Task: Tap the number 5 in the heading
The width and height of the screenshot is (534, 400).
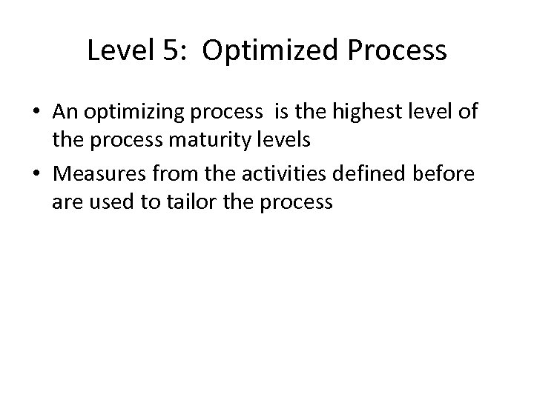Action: click(x=164, y=51)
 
